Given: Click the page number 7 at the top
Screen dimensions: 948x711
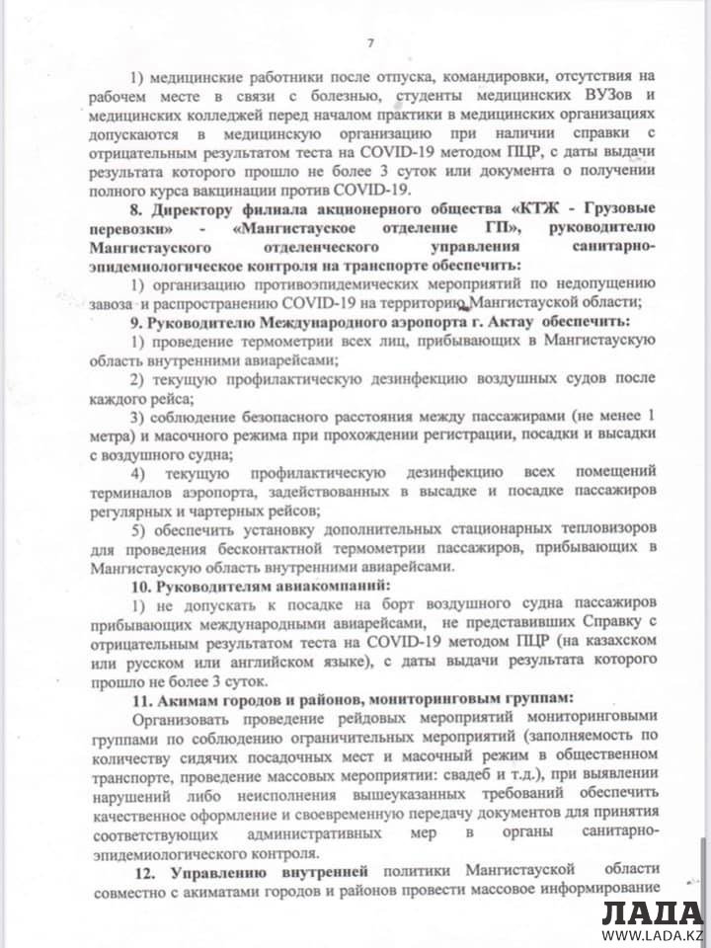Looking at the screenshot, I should point(370,42).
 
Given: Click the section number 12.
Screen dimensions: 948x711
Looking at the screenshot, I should point(142,873).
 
